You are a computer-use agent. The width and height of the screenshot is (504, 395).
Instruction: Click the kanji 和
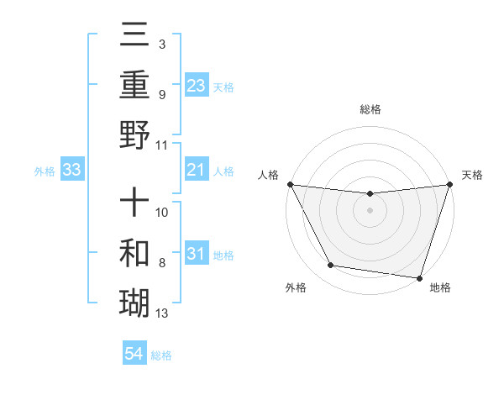tap(134, 253)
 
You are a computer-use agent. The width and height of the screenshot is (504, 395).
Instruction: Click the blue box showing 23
tap(196, 85)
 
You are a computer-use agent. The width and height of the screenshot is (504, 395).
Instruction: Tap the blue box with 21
tap(196, 171)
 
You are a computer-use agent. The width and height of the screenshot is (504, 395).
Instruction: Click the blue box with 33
tap(71, 171)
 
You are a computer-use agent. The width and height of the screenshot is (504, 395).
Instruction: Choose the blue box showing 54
tap(134, 354)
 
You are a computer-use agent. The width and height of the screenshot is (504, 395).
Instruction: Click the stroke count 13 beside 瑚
tap(162, 314)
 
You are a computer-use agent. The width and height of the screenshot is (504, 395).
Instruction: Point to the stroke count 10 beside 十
tap(162, 212)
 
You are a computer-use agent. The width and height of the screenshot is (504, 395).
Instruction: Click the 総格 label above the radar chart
tap(370, 109)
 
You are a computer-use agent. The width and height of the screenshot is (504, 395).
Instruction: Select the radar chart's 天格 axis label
tap(472, 175)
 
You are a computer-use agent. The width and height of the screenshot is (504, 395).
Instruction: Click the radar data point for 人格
tap(290, 184)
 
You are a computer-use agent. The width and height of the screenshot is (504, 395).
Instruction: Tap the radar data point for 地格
tap(419, 277)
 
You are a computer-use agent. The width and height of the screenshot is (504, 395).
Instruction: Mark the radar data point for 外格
tap(331, 266)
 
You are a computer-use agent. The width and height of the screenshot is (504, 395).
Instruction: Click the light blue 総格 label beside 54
tap(161, 355)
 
